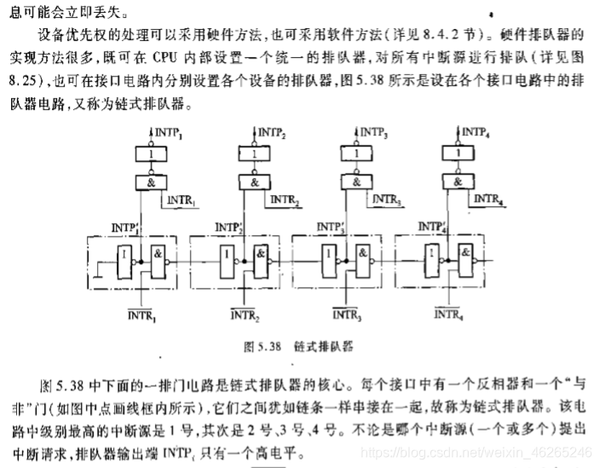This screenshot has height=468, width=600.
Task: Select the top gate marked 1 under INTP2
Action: point(253,154)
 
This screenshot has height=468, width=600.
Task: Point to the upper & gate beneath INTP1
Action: point(150,182)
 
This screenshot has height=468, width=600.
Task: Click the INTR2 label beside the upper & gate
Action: point(285,200)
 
